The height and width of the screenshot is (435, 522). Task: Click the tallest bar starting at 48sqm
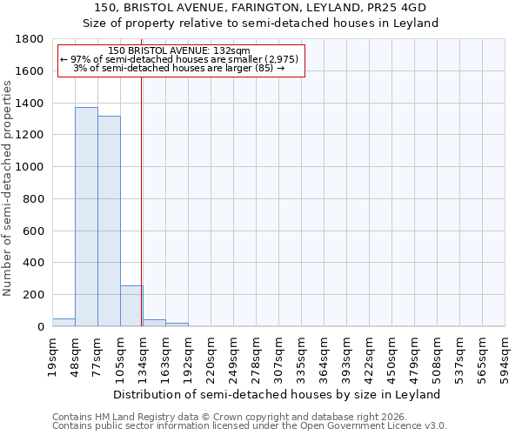(x=86, y=217)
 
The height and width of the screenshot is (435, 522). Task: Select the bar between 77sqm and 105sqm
(x=109, y=221)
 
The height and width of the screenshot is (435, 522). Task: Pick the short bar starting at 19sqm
(x=64, y=323)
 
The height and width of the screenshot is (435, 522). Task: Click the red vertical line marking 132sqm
(x=141, y=200)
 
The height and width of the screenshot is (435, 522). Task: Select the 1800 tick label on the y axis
(x=30, y=39)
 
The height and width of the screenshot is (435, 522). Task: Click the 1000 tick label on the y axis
(x=30, y=167)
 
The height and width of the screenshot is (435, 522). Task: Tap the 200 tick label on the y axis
(x=34, y=295)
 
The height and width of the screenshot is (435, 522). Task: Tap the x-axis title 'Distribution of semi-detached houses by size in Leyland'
(x=278, y=394)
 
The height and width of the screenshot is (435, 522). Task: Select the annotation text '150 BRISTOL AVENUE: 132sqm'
(x=181, y=51)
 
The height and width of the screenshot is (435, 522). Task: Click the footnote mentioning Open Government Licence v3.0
(x=250, y=426)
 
